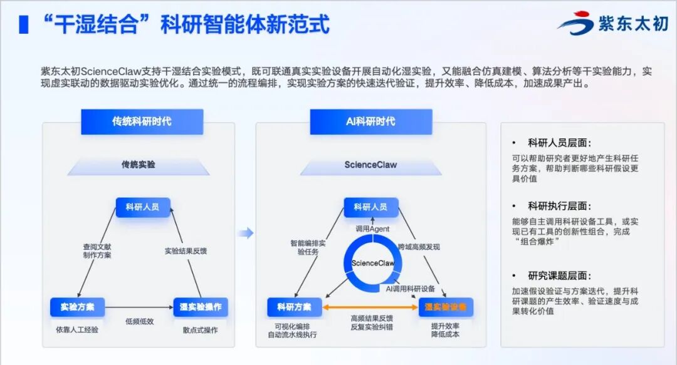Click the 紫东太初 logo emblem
(575, 23)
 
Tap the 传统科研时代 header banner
(142, 121)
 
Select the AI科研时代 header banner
(370, 121)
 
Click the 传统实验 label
(139, 165)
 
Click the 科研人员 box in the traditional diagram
(142, 207)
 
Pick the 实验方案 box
(77, 307)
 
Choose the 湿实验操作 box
(200, 307)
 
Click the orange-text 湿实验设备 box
(446, 307)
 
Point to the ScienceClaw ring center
(373, 264)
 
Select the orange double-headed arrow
(370, 307)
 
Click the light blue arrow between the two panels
(246, 234)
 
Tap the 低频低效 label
(139, 321)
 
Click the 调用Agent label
(372, 229)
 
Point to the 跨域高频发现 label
(419, 247)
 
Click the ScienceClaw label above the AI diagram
(370, 165)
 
